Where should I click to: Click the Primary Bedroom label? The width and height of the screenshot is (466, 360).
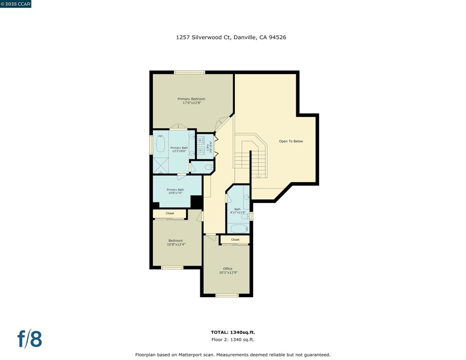pos(191,101)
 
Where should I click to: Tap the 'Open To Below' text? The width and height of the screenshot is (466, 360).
pos(291,141)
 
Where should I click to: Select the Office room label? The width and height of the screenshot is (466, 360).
pos(228,270)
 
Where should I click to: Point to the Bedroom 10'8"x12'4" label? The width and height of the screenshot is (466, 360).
pos(176,243)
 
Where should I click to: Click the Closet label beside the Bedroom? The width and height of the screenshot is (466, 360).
pos(170,213)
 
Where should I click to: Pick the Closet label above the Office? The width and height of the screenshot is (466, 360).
pos(235,240)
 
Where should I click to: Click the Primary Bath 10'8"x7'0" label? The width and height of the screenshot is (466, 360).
pos(175,191)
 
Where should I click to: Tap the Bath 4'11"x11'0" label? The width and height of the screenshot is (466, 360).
pos(238,211)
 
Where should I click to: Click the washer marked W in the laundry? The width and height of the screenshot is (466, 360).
pos(199,141)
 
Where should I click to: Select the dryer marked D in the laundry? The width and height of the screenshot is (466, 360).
pos(199,150)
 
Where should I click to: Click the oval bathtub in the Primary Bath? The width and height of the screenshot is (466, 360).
pos(160,144)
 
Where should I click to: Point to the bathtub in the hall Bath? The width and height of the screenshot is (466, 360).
pos(238,228)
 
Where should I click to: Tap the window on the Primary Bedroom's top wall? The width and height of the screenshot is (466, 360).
pos(189,72)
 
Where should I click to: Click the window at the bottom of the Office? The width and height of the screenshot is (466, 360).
pos(227,295)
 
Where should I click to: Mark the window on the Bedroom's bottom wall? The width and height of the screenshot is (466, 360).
pos(172,268)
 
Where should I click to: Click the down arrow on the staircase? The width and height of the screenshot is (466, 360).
pos(258,175)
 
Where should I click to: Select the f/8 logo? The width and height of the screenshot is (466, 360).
pos(30,339)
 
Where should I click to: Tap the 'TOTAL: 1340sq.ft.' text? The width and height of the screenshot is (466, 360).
pos(233,332)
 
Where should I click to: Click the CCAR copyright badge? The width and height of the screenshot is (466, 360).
pos(15,4)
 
